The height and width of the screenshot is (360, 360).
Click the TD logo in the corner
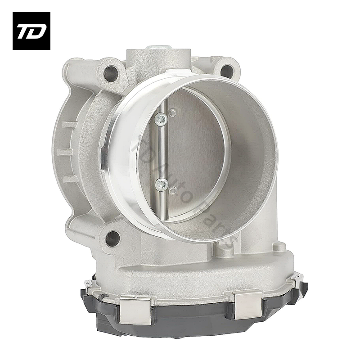coord(31,31)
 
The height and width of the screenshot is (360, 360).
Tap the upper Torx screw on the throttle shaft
coord(161,119)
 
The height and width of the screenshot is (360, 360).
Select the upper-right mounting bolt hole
coord(227,71)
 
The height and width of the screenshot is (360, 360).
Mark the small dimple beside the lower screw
coord(172,191)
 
